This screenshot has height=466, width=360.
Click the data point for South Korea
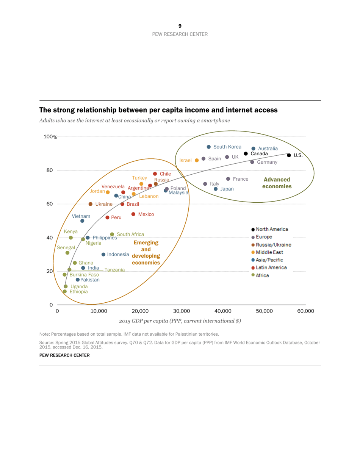pos(209,147)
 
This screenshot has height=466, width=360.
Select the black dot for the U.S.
pos(289,155)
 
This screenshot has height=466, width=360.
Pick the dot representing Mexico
pos(133,214)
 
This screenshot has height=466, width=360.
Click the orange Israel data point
pos(197,160)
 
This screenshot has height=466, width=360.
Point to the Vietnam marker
pos(82,221)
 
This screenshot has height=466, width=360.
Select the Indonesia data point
pos(103,255)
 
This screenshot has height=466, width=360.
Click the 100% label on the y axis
pos(50,137)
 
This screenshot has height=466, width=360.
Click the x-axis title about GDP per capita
pos(180,321)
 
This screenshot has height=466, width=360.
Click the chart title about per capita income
pos(158,110)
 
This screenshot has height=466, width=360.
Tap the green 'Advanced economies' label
pos(277,183)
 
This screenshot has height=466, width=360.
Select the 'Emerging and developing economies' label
pos(146,252)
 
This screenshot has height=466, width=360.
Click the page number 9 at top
pos(180,26)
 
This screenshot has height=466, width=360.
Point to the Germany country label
pos(267,162)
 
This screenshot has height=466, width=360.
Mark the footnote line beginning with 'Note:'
pos(129,334)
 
